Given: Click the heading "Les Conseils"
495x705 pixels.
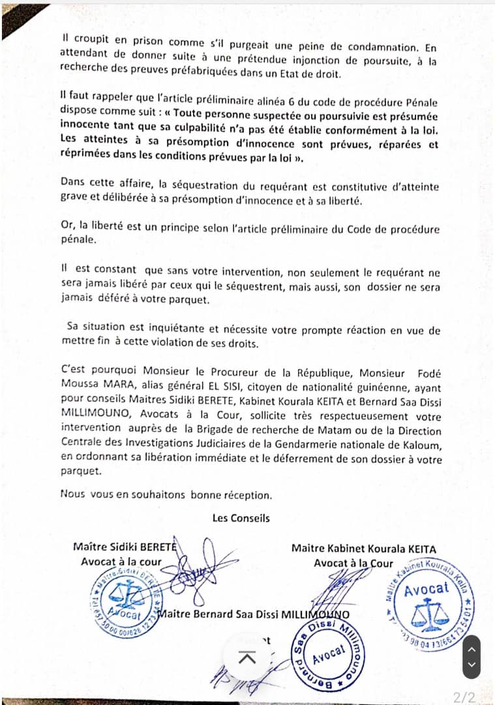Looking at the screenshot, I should (241, 518).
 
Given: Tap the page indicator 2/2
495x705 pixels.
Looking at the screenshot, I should (466, 697).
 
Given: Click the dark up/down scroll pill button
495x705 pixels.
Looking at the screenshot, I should (471, 656).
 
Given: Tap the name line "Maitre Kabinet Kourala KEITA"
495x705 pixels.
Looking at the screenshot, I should (363, 549).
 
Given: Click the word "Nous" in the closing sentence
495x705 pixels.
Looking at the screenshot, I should (72, 495).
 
